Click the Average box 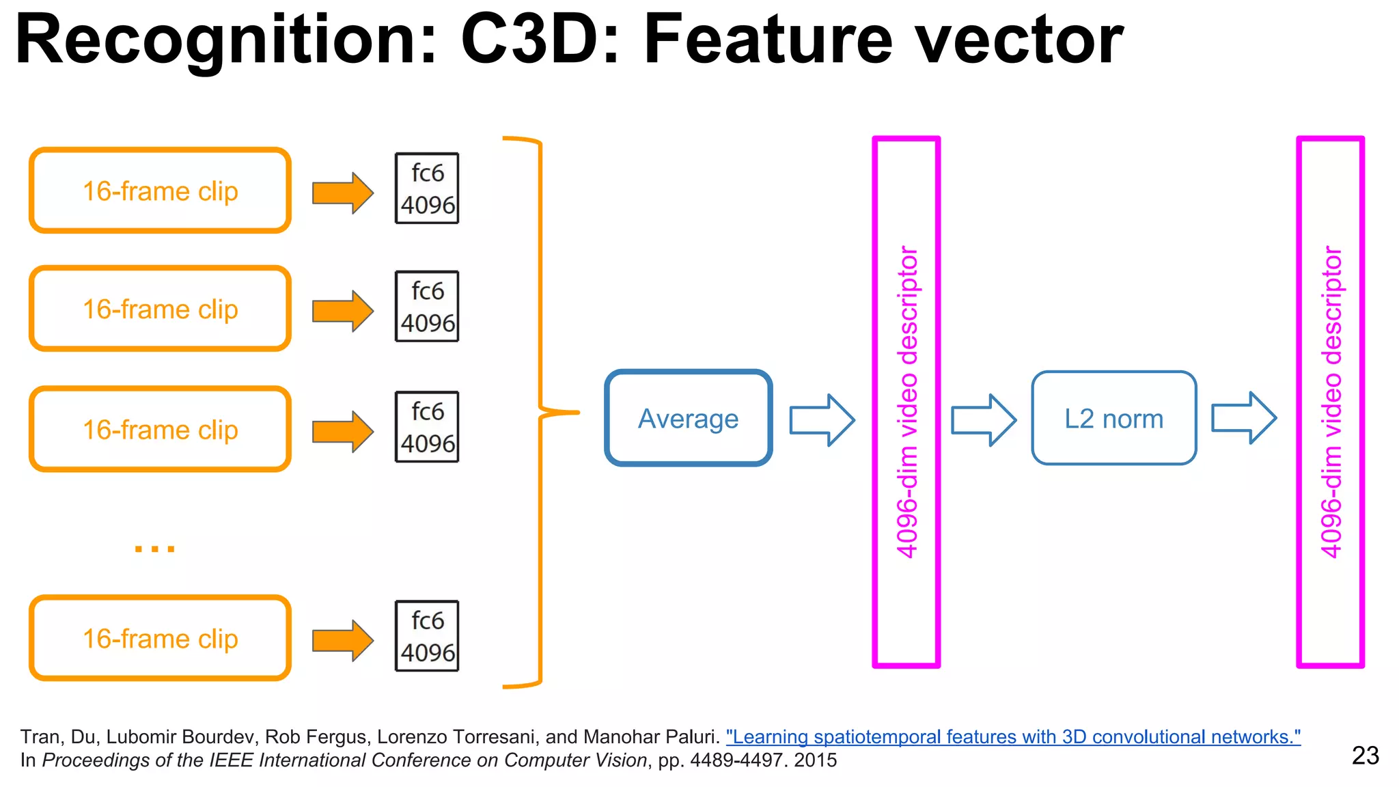689,418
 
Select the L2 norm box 1113,418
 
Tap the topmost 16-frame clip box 160,191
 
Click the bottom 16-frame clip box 160,638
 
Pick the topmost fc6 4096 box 427,188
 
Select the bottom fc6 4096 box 427,636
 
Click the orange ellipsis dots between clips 155,548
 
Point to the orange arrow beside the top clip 342,193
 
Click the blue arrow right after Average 822,419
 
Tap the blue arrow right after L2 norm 1243,417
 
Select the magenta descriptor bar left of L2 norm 906,402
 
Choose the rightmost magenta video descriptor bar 1330,402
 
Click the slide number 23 1365,756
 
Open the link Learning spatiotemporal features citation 1013,737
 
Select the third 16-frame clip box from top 160,429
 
